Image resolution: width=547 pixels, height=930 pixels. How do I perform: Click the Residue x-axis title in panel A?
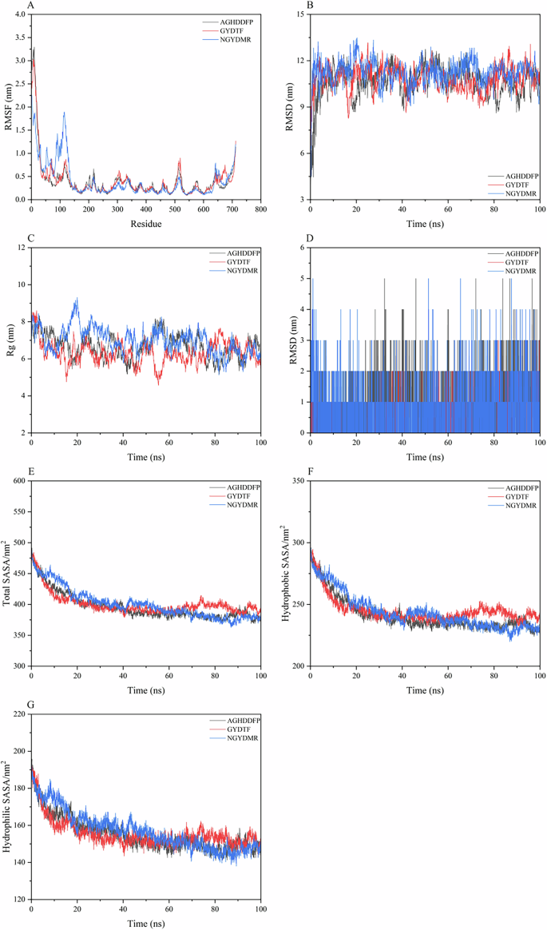(145, 224)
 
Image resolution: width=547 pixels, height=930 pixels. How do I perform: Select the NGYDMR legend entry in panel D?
(521, 271)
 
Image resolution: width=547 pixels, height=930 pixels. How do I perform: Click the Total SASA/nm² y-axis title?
(7, 573)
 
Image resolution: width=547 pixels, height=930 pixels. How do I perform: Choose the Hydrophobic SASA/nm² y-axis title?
(287, 573)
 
